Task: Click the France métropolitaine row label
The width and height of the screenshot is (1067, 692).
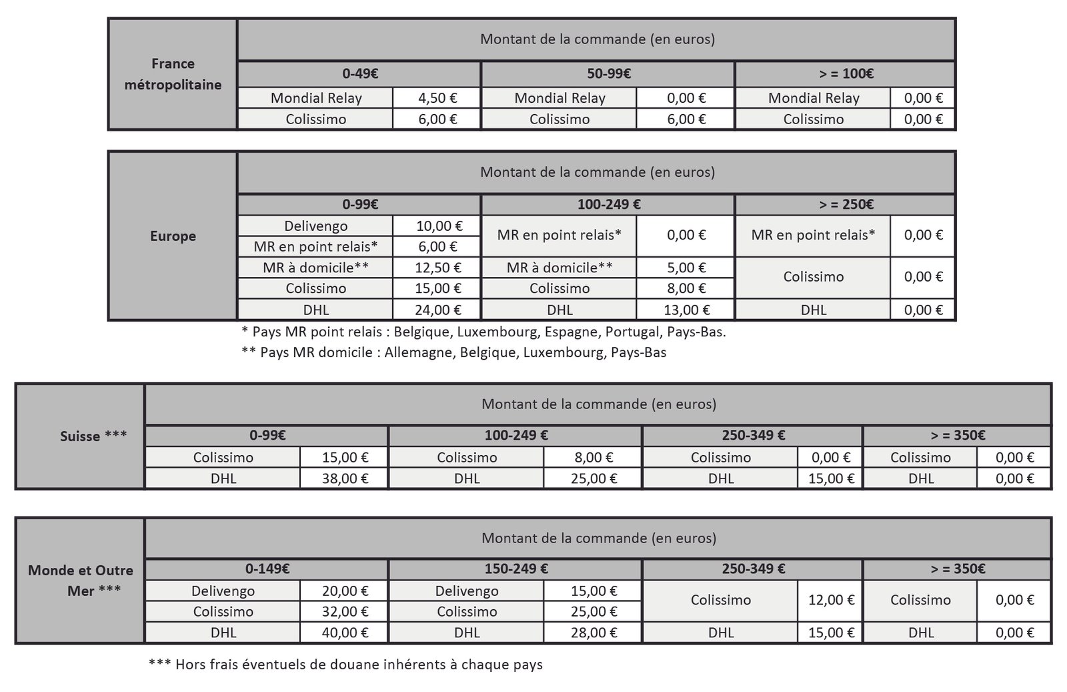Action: [x=173, y=74]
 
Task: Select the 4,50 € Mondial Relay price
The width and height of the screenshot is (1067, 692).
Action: [x=437, y=98]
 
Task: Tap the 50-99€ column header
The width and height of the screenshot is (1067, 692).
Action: [x=608, y=74]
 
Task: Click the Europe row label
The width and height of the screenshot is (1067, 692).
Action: [x=173, y=236]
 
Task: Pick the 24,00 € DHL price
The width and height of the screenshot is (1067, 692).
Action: [x=437, y=310]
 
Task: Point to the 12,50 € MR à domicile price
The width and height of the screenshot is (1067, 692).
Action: [x=437, y=268]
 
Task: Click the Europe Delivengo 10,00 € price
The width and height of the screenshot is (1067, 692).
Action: [x=437, y=226]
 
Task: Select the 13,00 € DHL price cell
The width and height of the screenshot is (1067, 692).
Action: [x=686, y=310]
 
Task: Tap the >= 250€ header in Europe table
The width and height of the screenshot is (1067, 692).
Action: [x=846, y=205]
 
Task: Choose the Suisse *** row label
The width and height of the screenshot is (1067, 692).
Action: [x=93, y=436]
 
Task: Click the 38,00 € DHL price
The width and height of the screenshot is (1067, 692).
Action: [x=345, y=478]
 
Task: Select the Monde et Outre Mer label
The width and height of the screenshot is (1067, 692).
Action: [x=81, y=580]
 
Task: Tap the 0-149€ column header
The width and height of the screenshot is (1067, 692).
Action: [x=267, y=569]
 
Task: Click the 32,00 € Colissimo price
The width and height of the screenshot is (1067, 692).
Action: [x=345, y=612]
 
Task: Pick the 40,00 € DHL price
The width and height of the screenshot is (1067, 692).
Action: [x=345, y=633]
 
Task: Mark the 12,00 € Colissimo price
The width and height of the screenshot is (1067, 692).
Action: [x=831, y=600]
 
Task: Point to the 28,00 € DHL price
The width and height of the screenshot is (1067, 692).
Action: [x=594, y=633]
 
